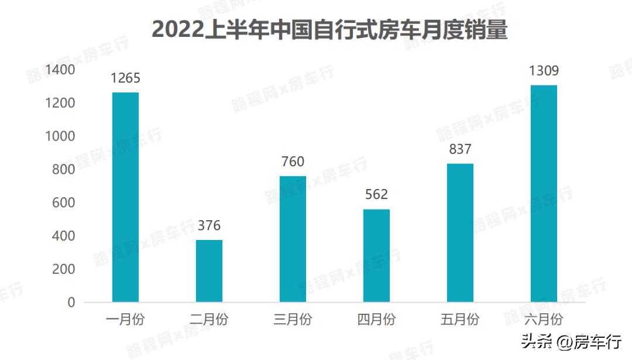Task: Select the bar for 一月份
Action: point(125,197)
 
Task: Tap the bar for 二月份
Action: point(209,270)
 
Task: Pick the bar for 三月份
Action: point(293,239)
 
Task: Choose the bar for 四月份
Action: point(376,255)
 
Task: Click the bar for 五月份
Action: point(460,232)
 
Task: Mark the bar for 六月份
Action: point(544,193)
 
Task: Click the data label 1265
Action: point(125,78)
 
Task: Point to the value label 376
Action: point(209,226)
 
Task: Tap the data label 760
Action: point(293,162)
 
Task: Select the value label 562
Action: point(376,195)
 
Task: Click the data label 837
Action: point(460,149)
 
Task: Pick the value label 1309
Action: point(544,71)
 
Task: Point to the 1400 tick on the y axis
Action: point(60,70)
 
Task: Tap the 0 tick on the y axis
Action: point(71,303)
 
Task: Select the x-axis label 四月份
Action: point(376,320)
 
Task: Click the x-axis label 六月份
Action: point(544,320)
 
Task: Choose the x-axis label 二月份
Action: point(209,320)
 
